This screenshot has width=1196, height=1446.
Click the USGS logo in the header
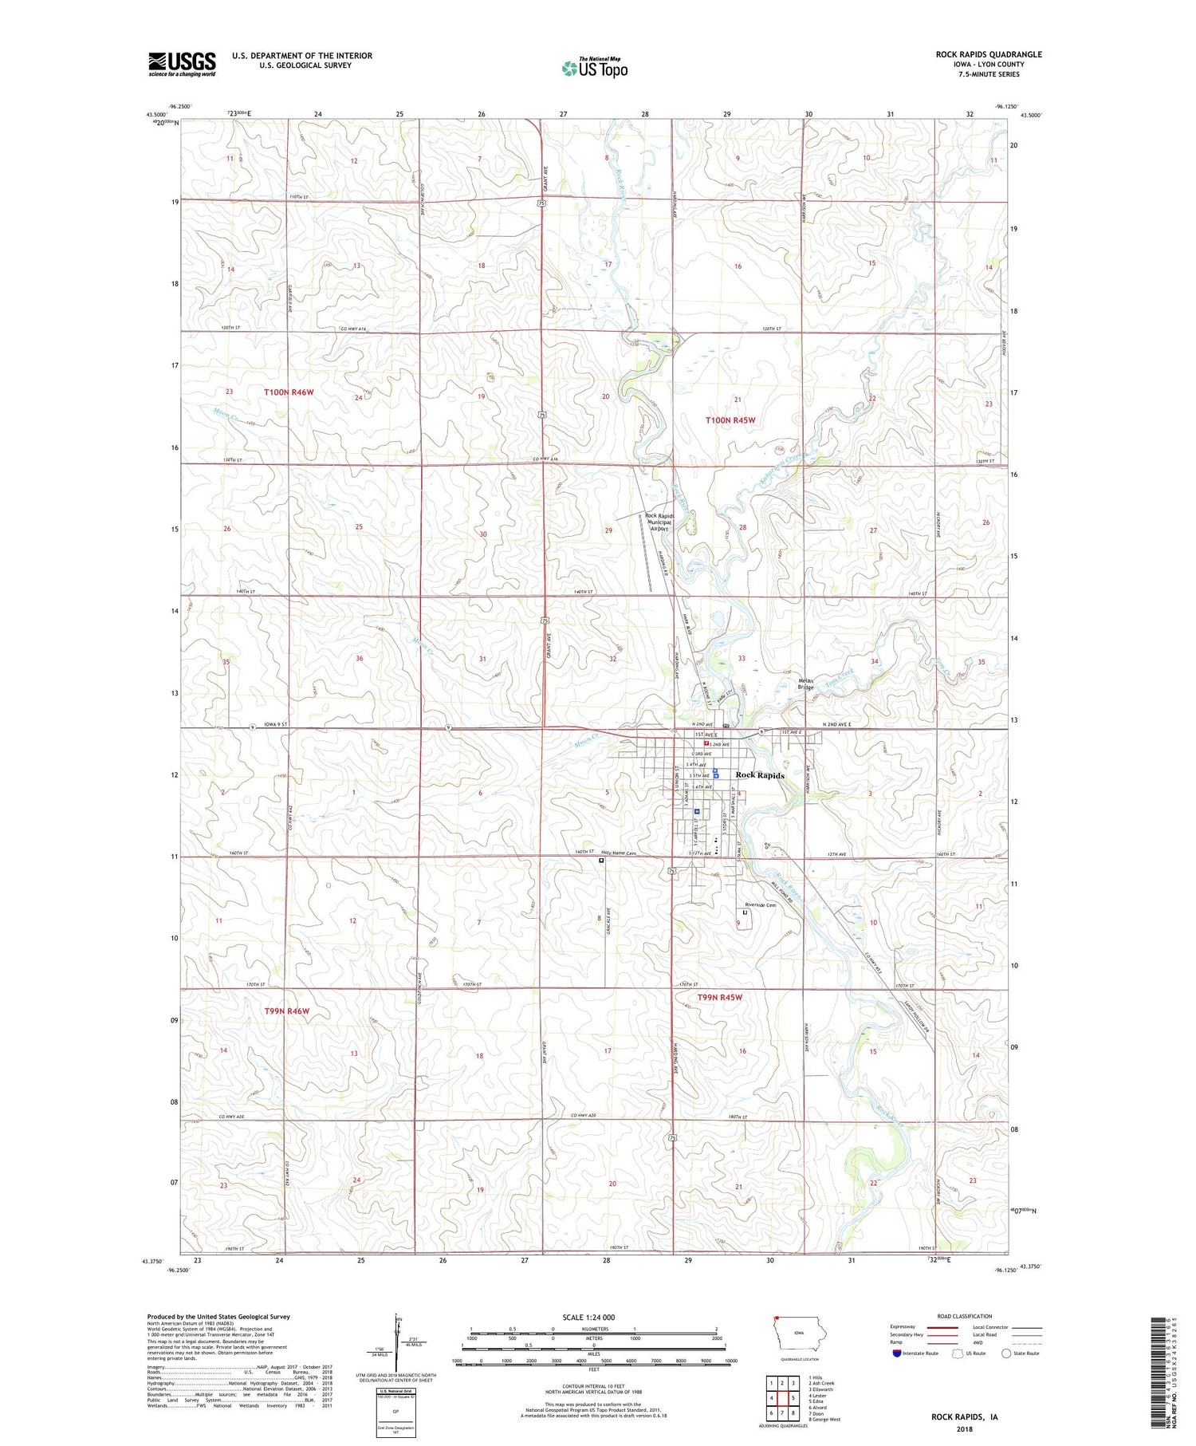[182, 64]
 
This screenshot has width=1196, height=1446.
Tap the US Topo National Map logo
[595, 69]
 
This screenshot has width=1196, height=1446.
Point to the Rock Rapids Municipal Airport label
[659, 522]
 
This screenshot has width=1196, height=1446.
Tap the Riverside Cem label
[760, 905]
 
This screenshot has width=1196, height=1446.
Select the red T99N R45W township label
[719, 998]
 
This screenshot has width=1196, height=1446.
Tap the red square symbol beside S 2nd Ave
[706, 743]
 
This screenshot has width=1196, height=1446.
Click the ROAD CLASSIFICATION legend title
[965, 1317]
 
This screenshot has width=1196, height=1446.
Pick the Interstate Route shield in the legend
[897, 1353]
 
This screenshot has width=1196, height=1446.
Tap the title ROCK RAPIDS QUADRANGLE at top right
[988, 54]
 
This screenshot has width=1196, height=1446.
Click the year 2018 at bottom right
[964, 1427]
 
